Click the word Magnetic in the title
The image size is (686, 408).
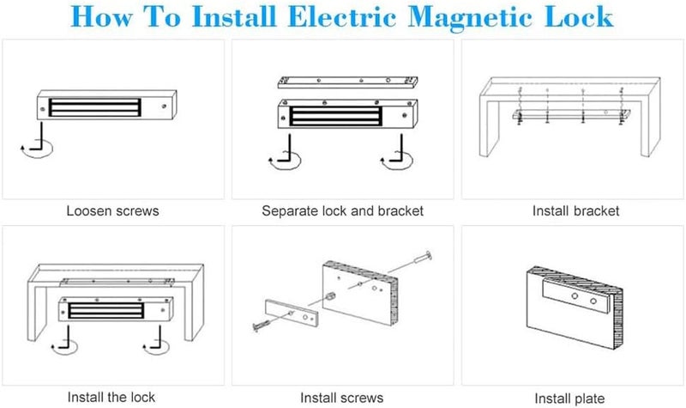471,17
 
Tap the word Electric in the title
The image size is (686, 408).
341,16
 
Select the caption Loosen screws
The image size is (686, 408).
112,210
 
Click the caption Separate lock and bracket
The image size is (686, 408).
342,210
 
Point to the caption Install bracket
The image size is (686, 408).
575,210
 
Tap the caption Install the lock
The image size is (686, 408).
111,397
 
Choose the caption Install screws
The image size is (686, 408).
341,398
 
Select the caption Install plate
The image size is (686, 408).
569,399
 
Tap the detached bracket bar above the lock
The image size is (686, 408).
348,82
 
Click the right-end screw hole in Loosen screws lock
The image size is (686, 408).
164,106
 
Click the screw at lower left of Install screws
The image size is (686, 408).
262,326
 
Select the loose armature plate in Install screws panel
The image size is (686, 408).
292,314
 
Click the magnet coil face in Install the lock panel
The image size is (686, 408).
105,310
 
